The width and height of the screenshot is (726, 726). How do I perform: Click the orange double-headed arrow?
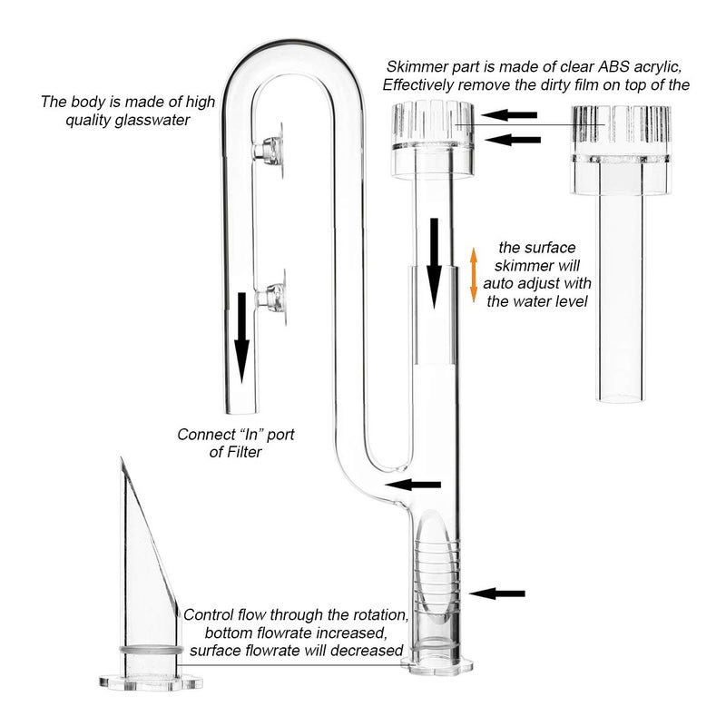473,276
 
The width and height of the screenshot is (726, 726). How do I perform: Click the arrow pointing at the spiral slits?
499,594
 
